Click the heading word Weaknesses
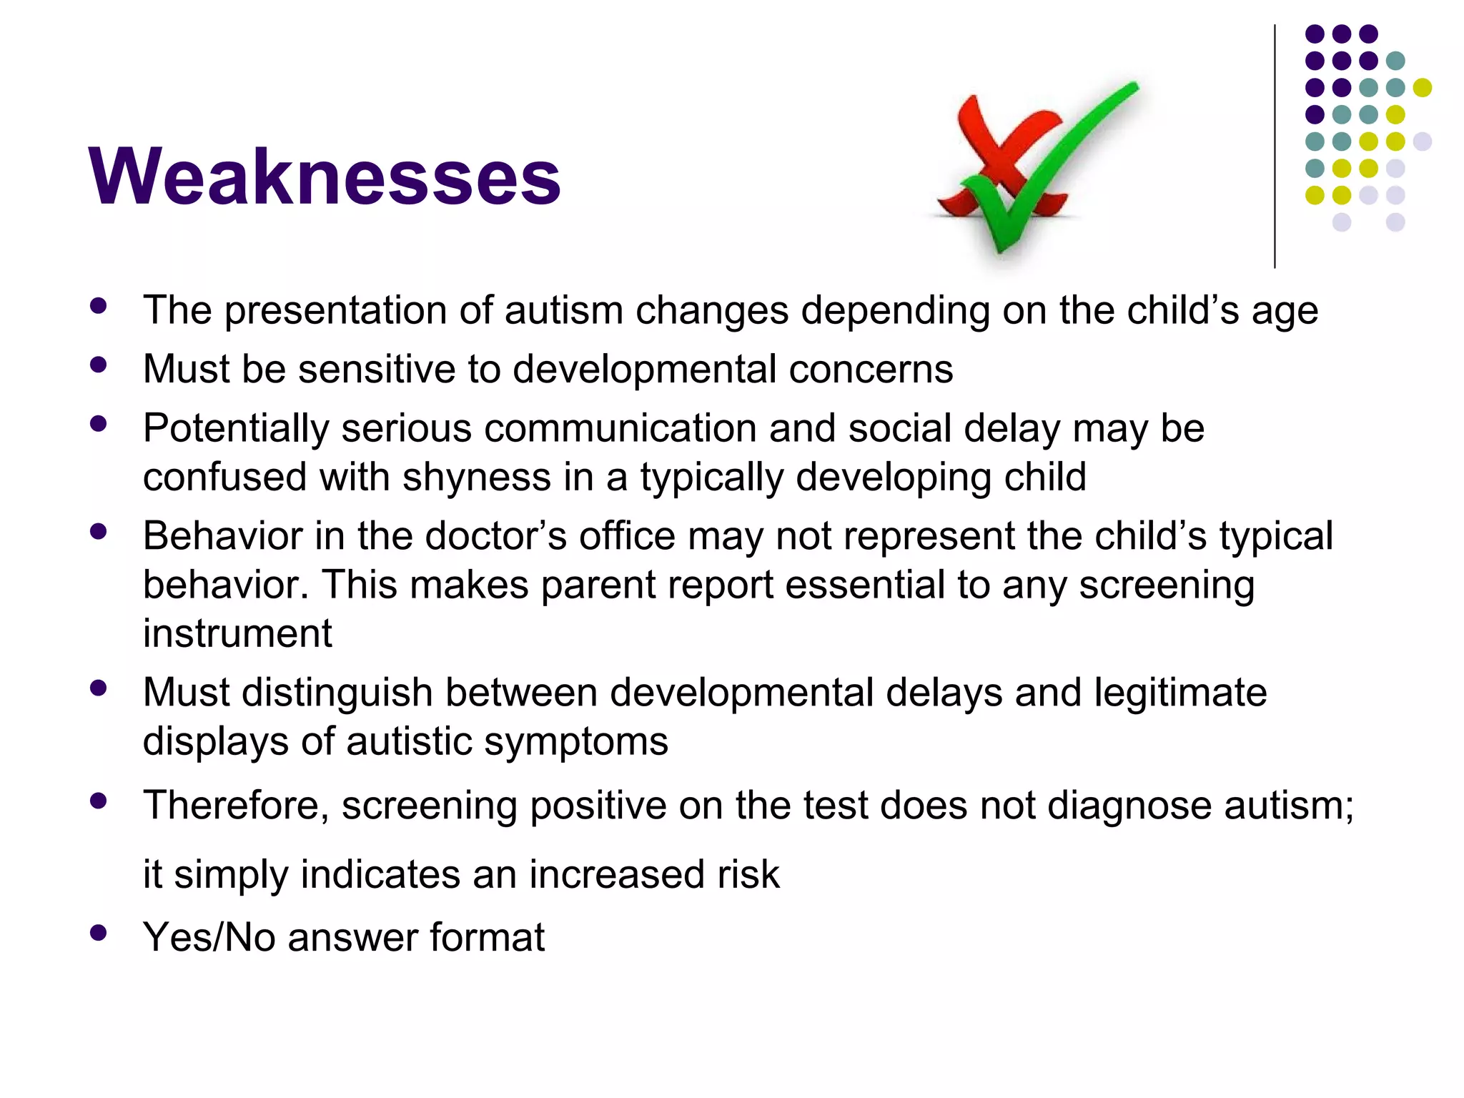point(325,177)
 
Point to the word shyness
point(477,477)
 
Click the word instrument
point(237,633)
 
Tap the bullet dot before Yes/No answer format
point(99,932)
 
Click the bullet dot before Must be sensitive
point(99,365)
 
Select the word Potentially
point(236,429)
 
